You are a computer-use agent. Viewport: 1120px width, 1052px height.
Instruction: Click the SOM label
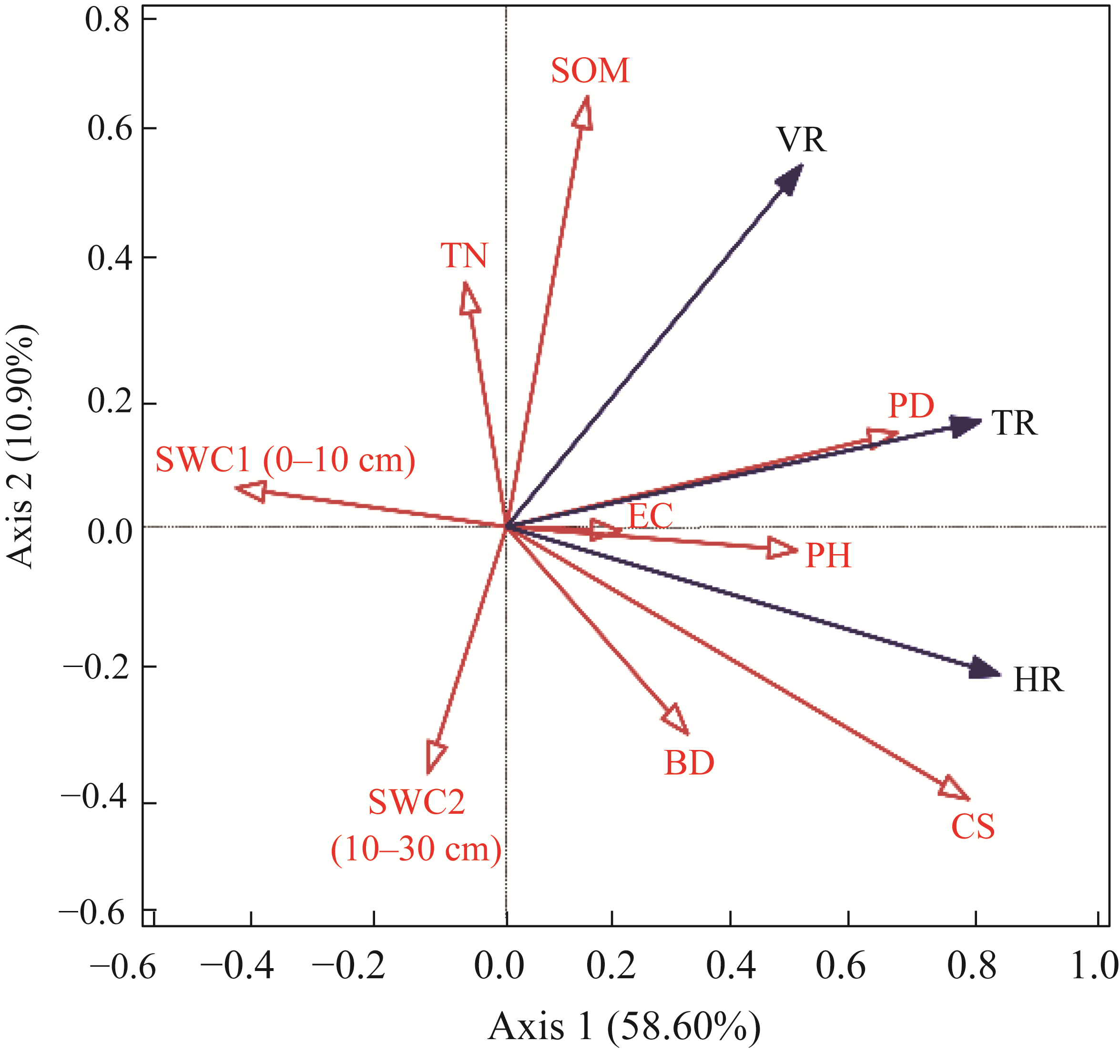point(590,71)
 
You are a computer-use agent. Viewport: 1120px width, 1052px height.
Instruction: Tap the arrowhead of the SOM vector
point(583,111)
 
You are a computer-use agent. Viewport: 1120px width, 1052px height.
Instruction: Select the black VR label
point(801,140)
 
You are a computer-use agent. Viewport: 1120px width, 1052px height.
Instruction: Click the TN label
point(464,256)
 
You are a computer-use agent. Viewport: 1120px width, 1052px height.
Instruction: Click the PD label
point(911,405)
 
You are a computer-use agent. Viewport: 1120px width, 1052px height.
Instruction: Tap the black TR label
point(1014,423)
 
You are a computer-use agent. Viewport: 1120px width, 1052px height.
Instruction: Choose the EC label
point(650,516)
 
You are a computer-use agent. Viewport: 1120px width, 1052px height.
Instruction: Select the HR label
point(1039,680)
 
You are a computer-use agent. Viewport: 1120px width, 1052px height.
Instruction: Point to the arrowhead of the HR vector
point(984,669)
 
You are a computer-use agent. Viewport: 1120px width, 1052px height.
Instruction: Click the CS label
point(973,827)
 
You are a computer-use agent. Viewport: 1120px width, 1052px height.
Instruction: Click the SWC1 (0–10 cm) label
point(285,460)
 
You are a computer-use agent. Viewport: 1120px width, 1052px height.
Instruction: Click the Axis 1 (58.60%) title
point(624,1026)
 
